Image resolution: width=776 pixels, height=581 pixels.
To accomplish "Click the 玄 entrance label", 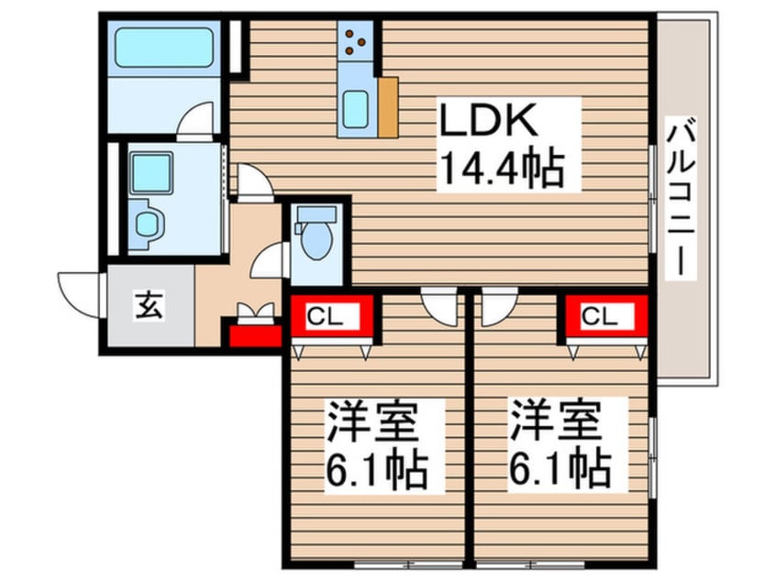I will tap(150, 305).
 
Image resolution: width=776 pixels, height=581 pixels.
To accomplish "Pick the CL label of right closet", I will tap(605, 317).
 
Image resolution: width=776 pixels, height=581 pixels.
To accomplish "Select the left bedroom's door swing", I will tap(438, 305).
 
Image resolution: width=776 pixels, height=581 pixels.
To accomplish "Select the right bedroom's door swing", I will tap(498, 306).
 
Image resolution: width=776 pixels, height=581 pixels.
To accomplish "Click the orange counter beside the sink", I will tap(387, 107).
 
